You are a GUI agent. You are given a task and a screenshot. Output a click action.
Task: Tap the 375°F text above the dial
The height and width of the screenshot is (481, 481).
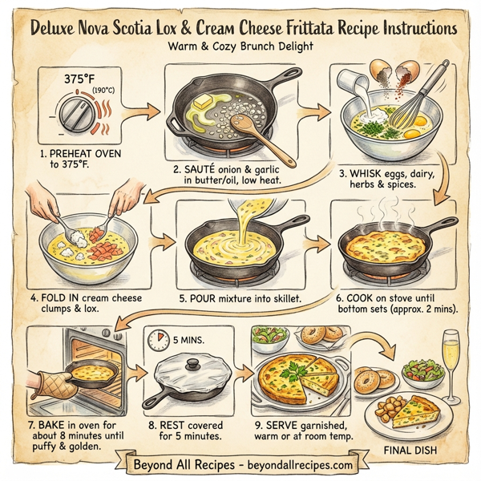tap(81, 80)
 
